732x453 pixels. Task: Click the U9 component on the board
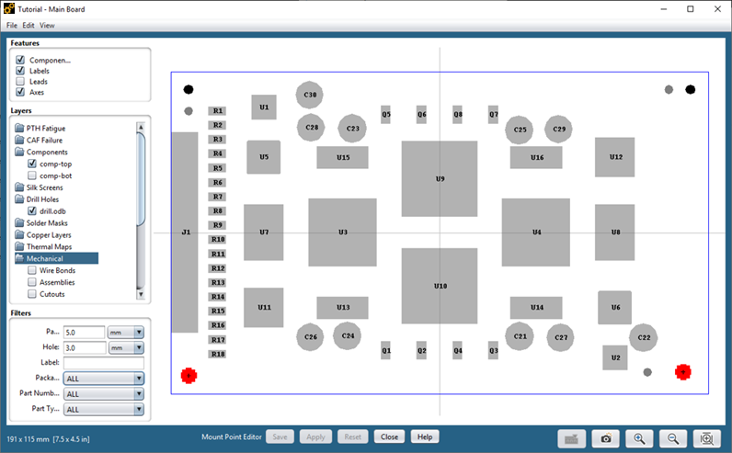(x=440, y=178)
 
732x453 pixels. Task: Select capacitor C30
(x=311, y=95)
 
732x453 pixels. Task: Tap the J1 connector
(x=185, y=232)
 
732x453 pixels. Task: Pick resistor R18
(x=218, y=354)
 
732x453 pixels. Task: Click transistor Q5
(x=386, y=115)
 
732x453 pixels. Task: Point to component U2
(x=615, y=357)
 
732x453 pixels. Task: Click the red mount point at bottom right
(x=683, y=372)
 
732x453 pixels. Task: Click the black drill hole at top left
(x=189, y=90)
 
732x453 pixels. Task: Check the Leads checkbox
(x=20, y=82)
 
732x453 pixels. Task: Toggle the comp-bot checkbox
(x=33, y=175)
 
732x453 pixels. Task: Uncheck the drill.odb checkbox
(x=33, y=210)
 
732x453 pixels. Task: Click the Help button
(x=423, y=436)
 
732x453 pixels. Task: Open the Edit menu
(x=29, y=25)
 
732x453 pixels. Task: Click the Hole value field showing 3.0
(x=84, y=347)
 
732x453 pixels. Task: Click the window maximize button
(x=690, y=8)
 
